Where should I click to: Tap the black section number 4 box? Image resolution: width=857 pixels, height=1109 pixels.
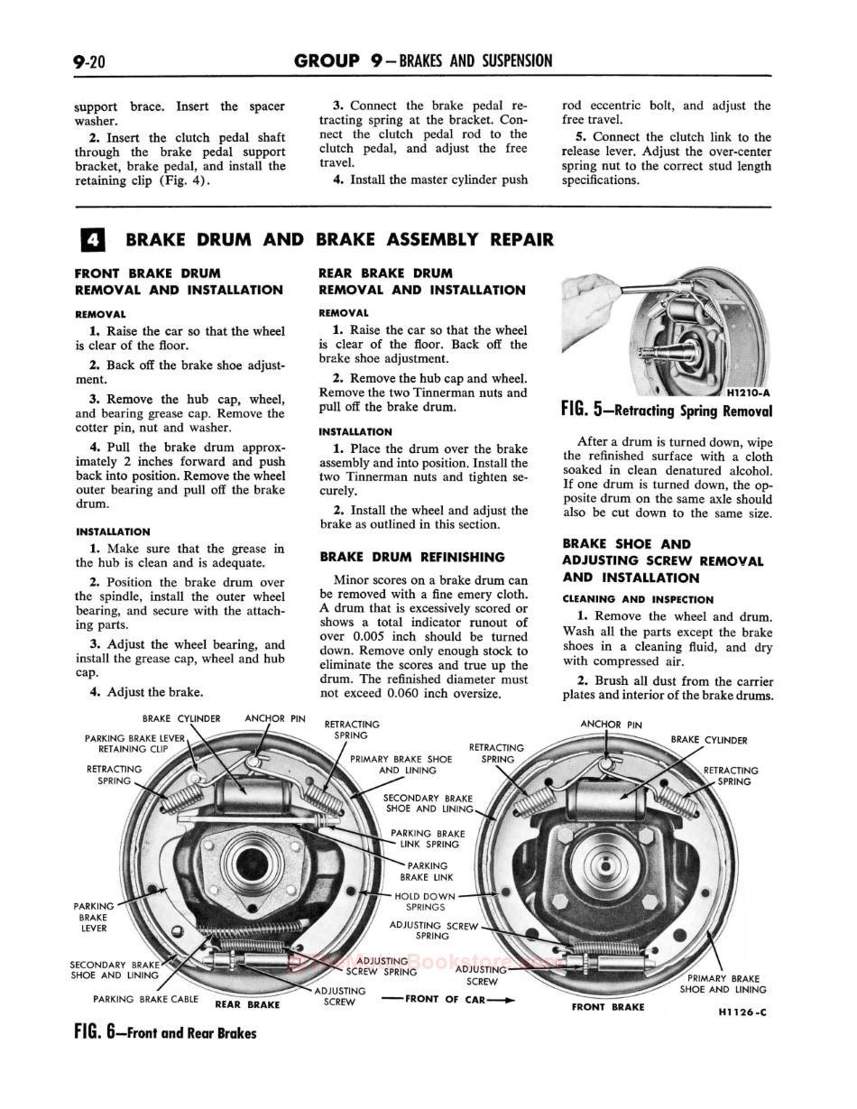click(x=92, y=240)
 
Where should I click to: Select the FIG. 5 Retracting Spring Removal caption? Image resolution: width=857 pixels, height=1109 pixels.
click(x=666, y=411)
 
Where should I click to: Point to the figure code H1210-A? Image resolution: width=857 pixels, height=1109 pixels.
click(x=747, y=393)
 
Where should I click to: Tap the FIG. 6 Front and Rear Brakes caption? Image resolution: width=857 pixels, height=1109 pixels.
click(x=165, y=1033)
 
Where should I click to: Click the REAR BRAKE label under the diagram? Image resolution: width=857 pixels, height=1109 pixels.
click(x=247, y=1004)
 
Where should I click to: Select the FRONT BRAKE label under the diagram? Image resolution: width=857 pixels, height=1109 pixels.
click(x=608, y=1006)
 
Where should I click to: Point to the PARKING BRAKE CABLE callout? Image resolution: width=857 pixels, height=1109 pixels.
click(x=145, y=999)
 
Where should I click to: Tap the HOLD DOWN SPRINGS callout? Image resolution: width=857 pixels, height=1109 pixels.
click(x=425, y=901)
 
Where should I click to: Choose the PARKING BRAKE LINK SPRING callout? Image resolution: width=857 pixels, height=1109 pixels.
click(x=428, y=838)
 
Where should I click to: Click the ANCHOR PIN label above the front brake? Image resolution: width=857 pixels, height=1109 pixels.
click(x=612, y=724)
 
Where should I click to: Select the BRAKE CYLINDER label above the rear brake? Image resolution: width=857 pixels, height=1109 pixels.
click(x=181, y=719)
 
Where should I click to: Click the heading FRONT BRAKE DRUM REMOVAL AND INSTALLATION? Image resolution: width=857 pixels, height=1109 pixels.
click(x=179, y=281)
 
